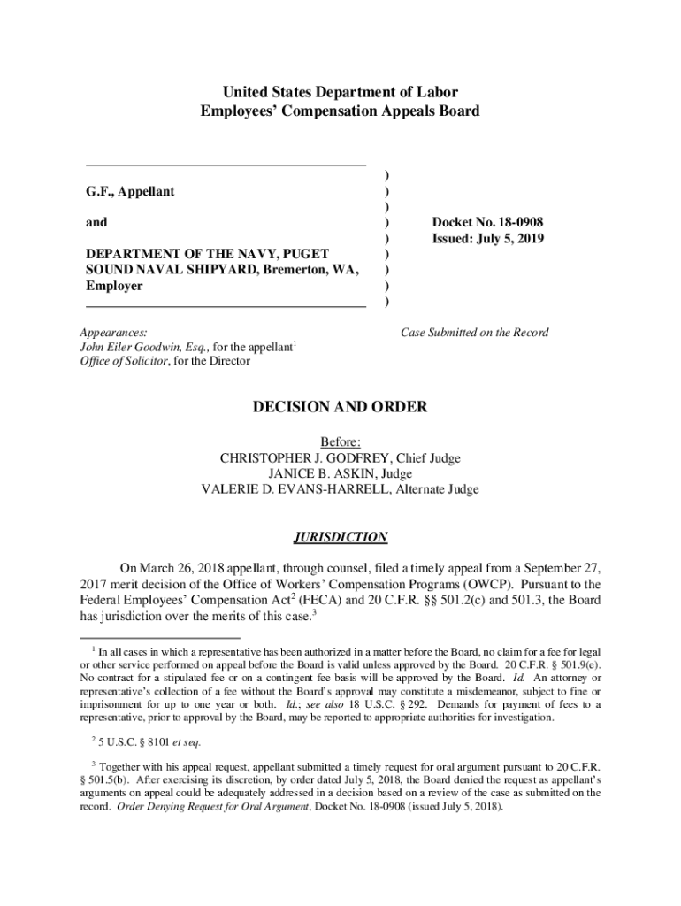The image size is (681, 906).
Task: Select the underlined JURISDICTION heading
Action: pos(340,537)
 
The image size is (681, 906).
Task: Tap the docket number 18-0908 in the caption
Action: pos(518,223)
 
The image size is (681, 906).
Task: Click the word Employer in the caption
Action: pos(114,287)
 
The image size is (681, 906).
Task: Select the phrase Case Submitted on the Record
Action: pos(474,333)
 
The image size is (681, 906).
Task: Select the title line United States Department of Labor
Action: pos(340,92)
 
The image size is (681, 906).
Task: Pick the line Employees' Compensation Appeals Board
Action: pos(340,111)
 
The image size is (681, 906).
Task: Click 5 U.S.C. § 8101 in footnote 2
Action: pos(131,742)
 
